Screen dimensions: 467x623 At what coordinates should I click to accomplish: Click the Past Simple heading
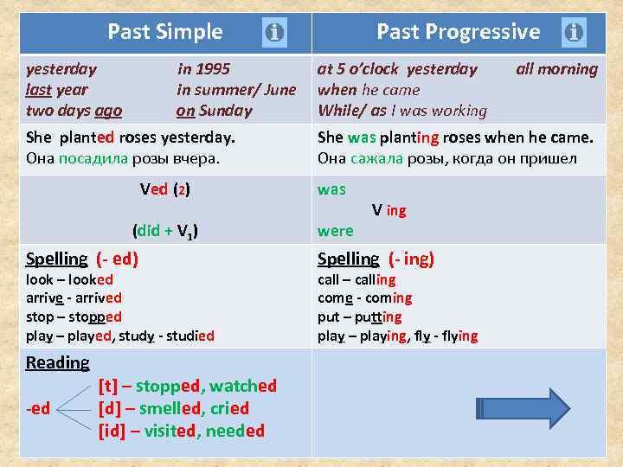point(164,33)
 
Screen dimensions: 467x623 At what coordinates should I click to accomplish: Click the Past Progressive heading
point(458,33)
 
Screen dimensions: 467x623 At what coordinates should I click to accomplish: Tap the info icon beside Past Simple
point(273,34)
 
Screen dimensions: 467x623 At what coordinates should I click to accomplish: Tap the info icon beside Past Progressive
point(573,34)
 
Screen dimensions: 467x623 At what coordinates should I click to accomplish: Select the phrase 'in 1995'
point(203,69)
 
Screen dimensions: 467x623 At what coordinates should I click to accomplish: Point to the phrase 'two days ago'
point(74,111)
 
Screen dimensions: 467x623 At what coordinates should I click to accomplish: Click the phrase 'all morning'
point(556,69)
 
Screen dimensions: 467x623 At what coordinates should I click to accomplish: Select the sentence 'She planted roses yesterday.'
point(131,138)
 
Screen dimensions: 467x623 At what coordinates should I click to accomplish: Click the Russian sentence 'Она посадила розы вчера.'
point(123,158)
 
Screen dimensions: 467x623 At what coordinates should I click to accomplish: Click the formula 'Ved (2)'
point(165,189)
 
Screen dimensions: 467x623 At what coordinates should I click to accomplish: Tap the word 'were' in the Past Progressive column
point(335,231)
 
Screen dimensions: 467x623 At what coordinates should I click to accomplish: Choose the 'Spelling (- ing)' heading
point(376,259)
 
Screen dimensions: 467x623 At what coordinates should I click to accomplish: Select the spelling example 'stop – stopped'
point(74,317)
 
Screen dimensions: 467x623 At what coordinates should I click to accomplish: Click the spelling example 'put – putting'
point(359,317)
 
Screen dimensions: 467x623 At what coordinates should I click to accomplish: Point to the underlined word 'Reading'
point(57,363)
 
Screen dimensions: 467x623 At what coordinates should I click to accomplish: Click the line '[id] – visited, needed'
point(182,431)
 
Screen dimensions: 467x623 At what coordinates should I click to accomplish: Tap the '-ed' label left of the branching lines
point(38,408)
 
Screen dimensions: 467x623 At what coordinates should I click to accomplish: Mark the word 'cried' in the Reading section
point(229,408)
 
